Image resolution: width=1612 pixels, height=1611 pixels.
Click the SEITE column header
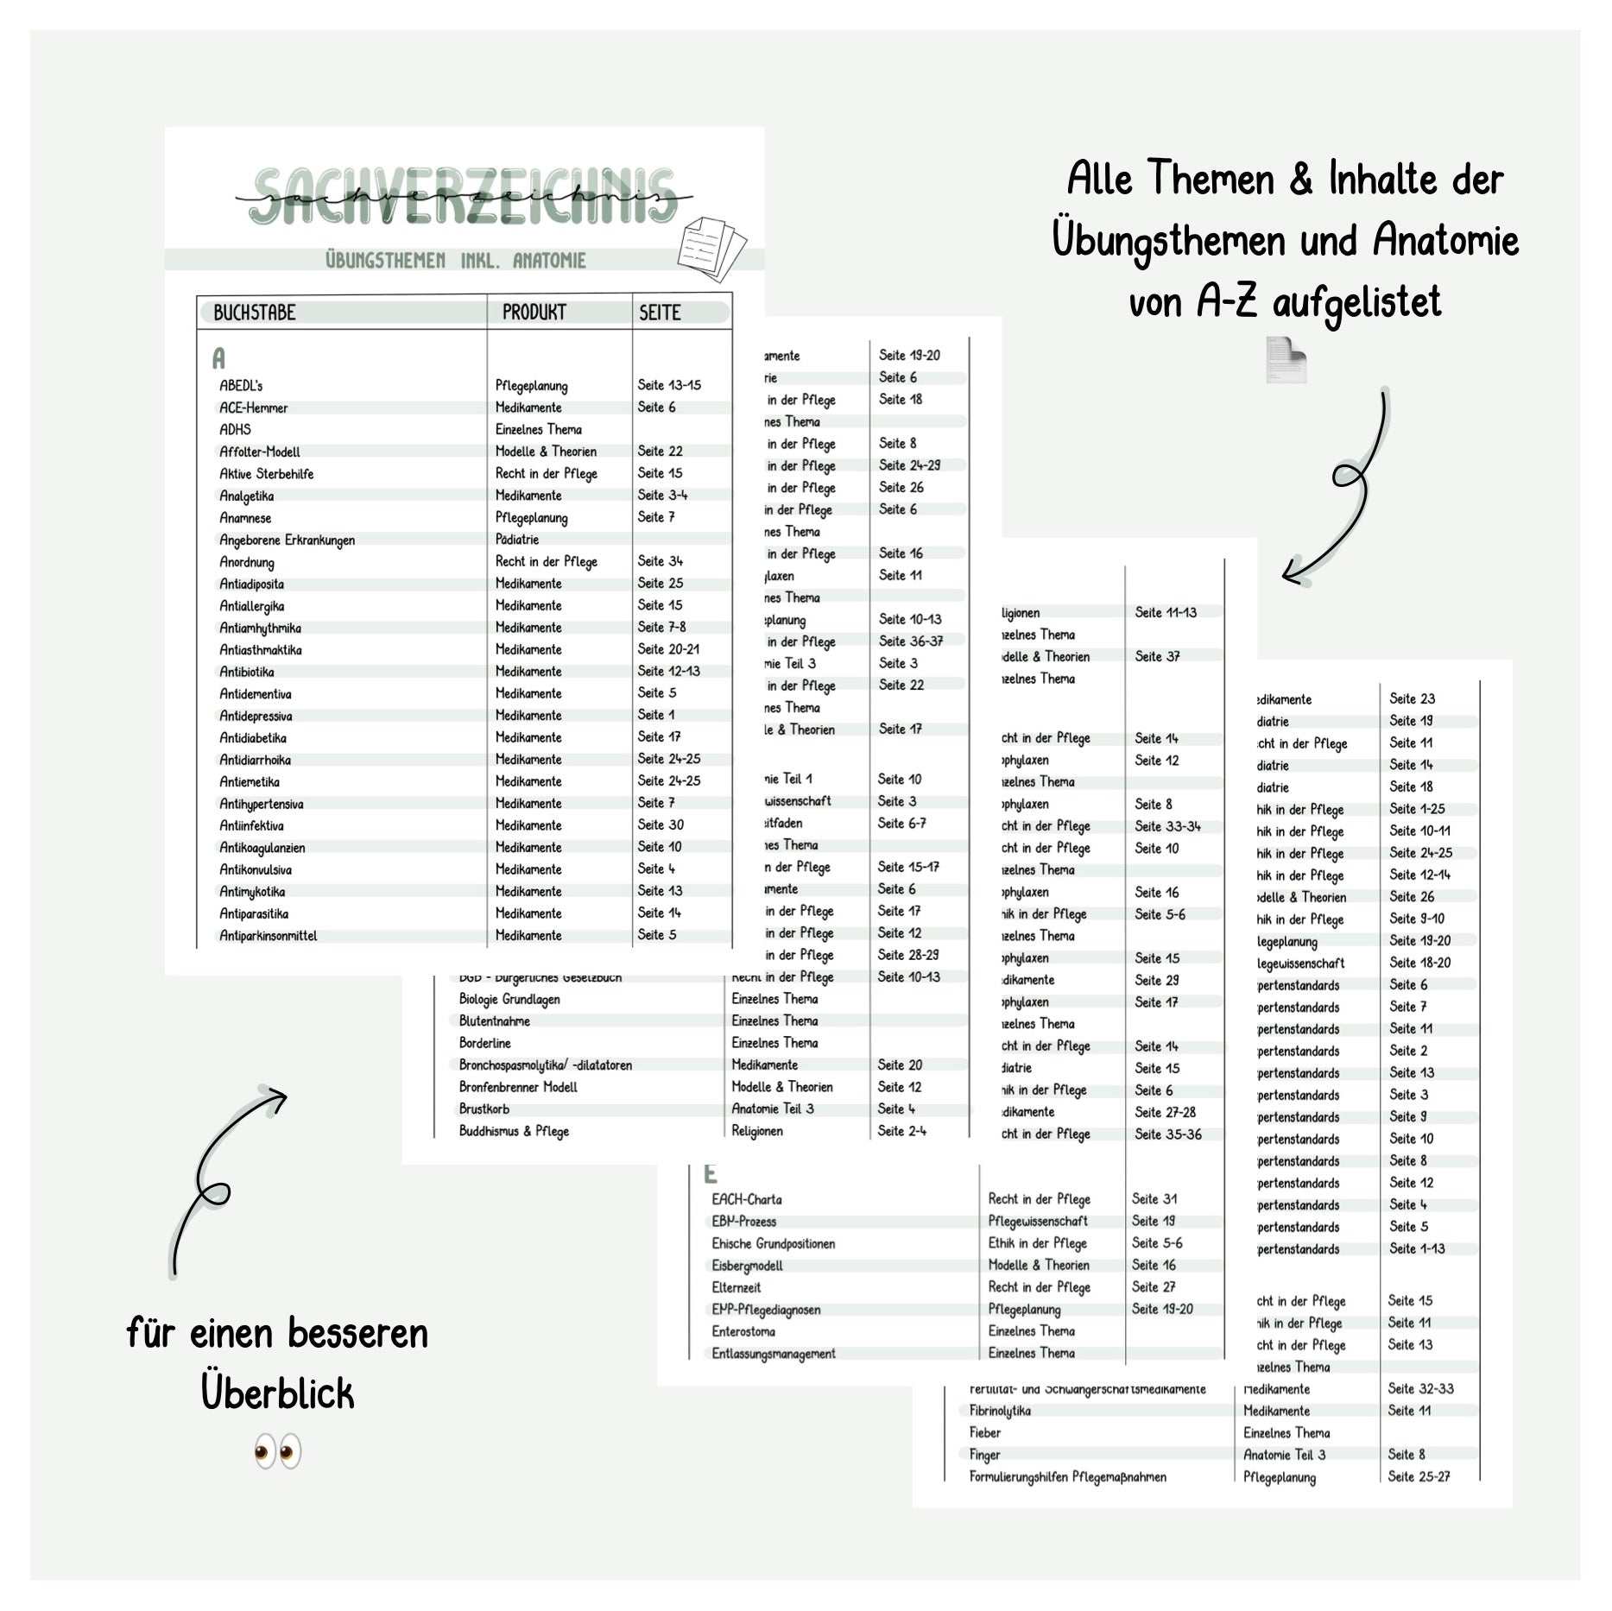pos(660,313)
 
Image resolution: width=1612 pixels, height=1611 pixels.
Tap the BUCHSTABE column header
pos(254,313)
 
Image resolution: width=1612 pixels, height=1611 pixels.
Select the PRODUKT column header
pos(534,313)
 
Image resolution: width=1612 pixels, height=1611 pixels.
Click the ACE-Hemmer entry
pos(253,407)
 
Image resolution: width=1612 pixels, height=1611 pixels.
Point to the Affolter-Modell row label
pos(259,452)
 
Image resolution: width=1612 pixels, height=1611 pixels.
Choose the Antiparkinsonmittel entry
pos(268,936)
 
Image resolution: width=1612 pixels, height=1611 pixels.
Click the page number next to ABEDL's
pos(669,385)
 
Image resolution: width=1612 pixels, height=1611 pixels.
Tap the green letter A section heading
pos(218,358)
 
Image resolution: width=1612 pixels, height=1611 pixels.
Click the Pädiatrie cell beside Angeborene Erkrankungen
pos(516,540)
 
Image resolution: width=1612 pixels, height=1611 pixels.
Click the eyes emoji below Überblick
pos(277,1451)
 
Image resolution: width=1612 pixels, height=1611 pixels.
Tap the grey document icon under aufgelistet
pos(1286,359)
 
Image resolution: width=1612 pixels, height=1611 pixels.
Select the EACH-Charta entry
pos(746,1200)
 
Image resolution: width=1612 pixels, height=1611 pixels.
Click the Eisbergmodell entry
pos(747,1266)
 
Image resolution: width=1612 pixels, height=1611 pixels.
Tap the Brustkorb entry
pos(484,1109)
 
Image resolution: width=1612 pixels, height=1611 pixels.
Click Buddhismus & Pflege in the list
pos(514,1131)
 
